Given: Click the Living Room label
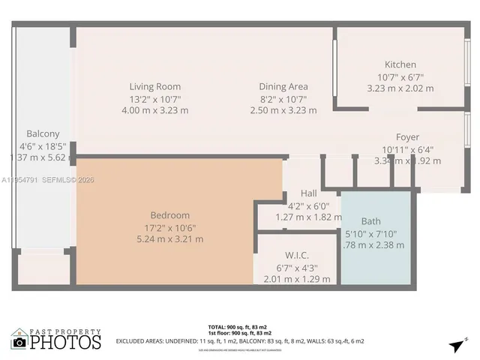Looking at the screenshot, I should click(154, 86).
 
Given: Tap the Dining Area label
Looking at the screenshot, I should click(283, 86).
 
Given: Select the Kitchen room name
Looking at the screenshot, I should click(400, 64).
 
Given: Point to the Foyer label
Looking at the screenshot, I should click(407, 137).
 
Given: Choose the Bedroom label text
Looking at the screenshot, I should click(169, 215).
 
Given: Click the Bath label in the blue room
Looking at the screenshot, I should click(370, 221).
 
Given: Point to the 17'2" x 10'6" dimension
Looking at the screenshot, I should click(169, 227).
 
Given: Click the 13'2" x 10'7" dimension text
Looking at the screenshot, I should click(155, 98).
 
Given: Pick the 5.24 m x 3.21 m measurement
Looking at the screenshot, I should click(169, 239).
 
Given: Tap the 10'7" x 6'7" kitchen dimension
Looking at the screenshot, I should click(400, 76).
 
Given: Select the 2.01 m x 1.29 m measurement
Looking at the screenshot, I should click(297, 279).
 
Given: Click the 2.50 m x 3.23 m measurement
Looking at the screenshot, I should click(283, 110).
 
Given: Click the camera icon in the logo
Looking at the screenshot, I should click(20, 342).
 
